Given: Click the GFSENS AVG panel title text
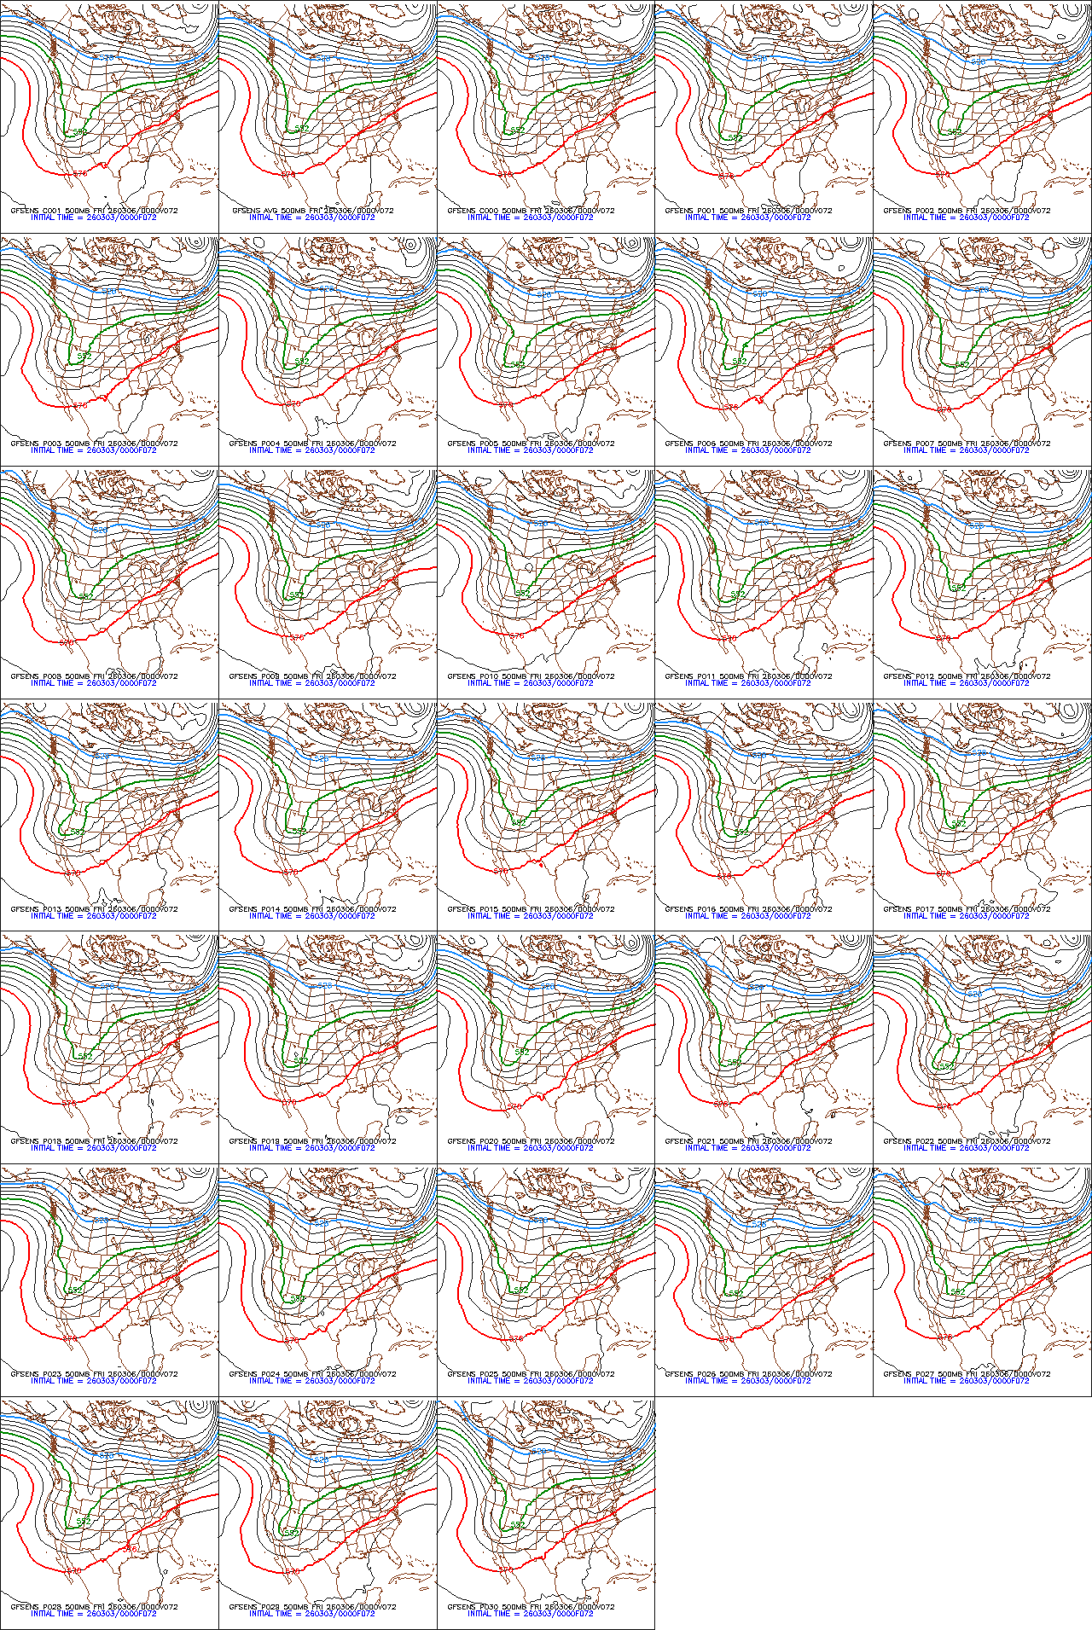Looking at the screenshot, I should (312, 211).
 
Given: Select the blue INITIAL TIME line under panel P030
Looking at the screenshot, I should (530, 1614).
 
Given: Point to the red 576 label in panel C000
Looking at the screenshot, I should (505, 174).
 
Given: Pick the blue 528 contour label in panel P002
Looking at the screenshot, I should (978, 61).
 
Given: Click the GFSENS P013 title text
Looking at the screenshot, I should (94, 909).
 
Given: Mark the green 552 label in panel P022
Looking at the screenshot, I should (946, 1065).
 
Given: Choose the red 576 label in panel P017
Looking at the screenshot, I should (943, 873).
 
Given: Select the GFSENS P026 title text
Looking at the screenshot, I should (748, 1374).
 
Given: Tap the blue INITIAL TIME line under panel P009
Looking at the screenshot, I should (311, 683).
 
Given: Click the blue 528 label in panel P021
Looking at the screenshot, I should (756, 987).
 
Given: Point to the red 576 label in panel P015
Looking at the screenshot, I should (501, 871).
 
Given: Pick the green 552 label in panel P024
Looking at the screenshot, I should (297, 1298).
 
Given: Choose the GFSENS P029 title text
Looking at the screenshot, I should (312, 1607).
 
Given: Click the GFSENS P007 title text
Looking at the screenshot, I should (967, 444).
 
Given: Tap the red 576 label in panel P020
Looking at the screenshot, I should (514, 1106).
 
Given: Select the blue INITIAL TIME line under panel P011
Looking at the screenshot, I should (748, 683).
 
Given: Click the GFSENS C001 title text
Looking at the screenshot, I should (94, 211).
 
